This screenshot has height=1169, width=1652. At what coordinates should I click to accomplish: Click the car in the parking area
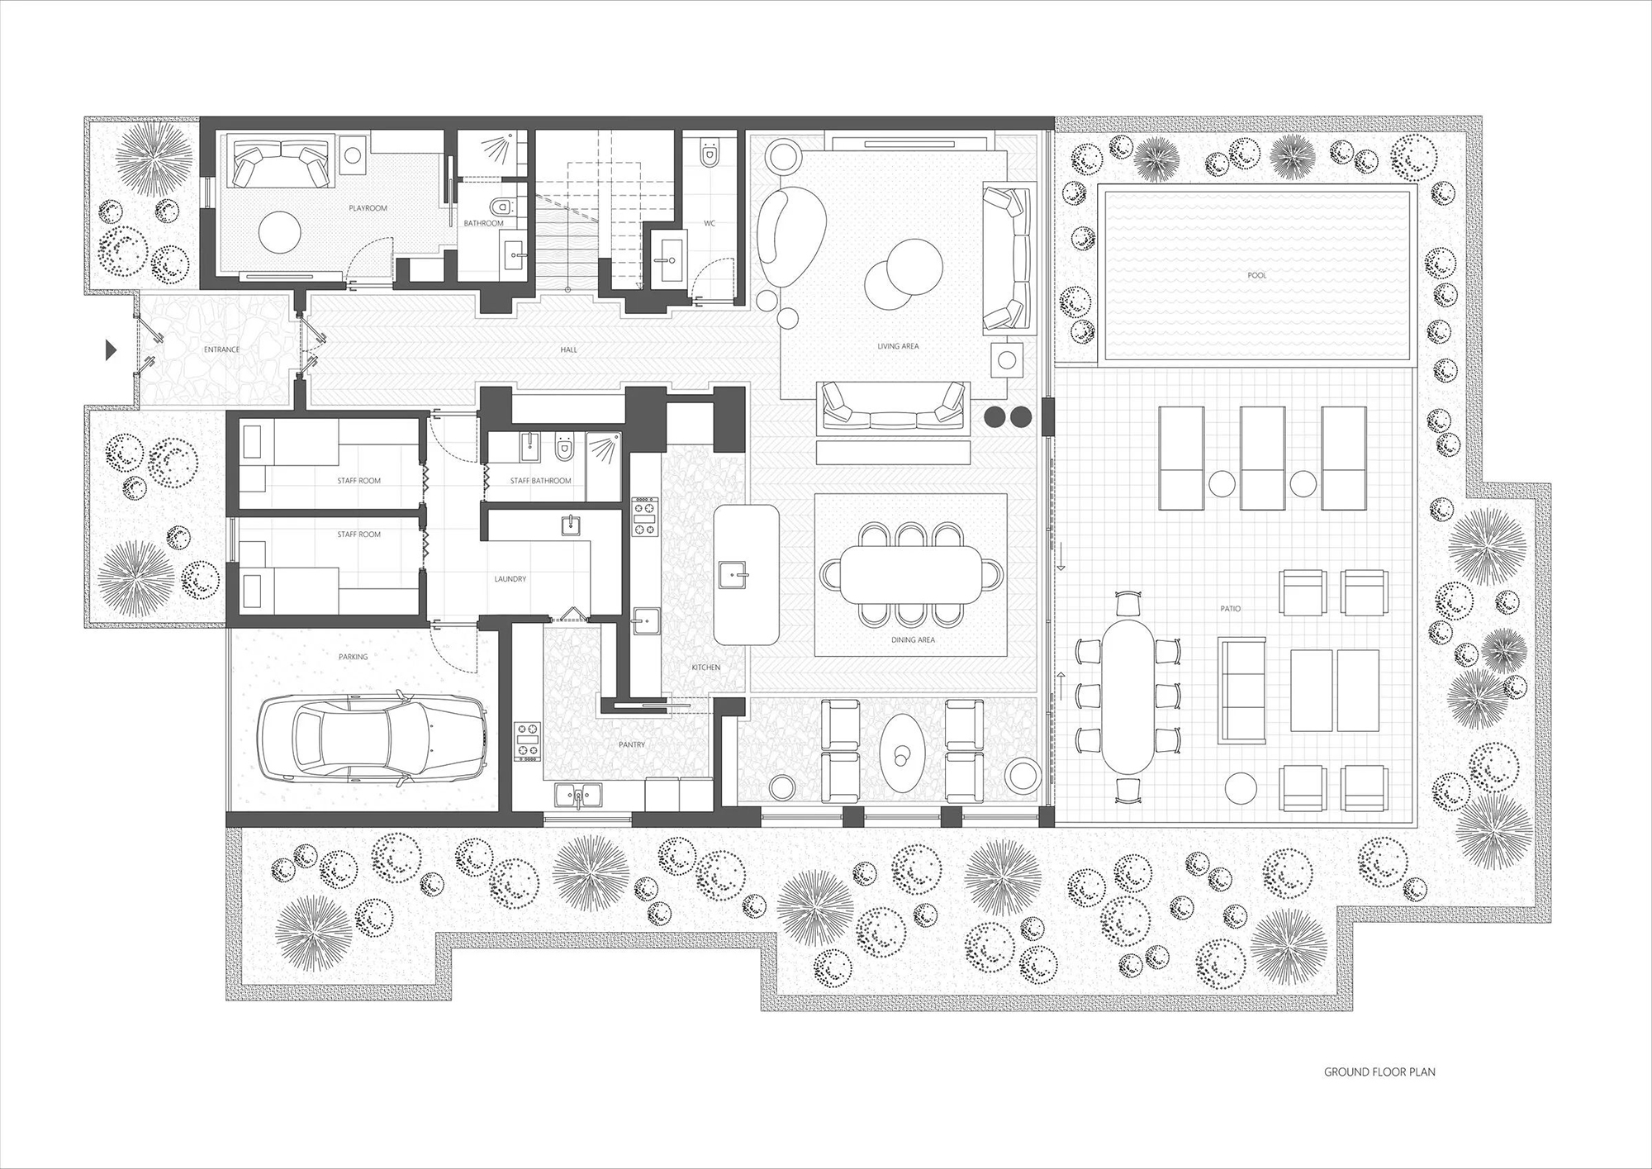pos(373,735)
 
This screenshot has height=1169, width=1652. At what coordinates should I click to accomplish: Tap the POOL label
pos(1256,275)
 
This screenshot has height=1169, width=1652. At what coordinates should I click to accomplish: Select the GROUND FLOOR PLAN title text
pos(1379,1095)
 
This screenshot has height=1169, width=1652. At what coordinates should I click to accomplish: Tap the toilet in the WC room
pos(709,154)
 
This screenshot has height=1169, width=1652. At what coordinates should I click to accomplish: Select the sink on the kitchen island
pos(733,573)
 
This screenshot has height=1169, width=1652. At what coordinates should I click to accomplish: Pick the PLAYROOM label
pos(368,208)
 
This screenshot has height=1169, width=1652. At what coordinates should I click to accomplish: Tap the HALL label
pos(568,349)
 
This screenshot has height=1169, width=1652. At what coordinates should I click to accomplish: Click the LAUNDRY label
pos(510,579)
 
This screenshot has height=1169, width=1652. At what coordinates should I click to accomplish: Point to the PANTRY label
pos(631,744)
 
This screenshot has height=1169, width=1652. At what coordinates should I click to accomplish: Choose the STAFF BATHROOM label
pos(540,481)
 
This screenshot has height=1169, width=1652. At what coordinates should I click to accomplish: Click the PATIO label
pos(1230,609)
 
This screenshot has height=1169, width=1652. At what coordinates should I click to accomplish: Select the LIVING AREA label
pos(898,346)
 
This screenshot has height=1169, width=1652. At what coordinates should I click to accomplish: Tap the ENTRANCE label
pos(221,349)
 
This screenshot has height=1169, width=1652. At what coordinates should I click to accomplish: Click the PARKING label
pos(353,657)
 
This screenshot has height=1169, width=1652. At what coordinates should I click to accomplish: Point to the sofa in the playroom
pos(278,164)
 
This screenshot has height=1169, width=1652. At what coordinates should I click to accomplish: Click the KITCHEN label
pos(706,668)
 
